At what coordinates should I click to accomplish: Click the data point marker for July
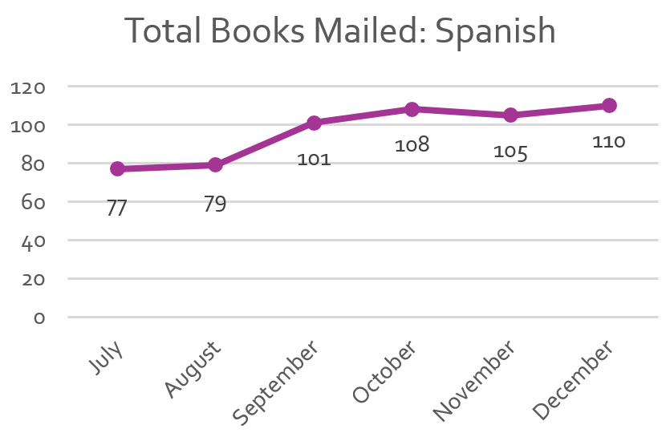[117, 168]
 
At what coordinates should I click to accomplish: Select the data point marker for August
[215, 164]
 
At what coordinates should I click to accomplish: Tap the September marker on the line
[314, 123]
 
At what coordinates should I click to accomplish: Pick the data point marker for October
[412, 109]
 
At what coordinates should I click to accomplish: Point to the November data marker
[510, 115]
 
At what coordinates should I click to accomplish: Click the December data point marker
[609, 105]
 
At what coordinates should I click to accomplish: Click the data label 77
[117, 208]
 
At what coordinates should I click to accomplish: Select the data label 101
[314, 160]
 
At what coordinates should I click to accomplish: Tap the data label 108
[412, 145]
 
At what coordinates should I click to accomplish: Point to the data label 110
[609, 142]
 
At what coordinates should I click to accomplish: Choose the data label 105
[510, 152]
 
